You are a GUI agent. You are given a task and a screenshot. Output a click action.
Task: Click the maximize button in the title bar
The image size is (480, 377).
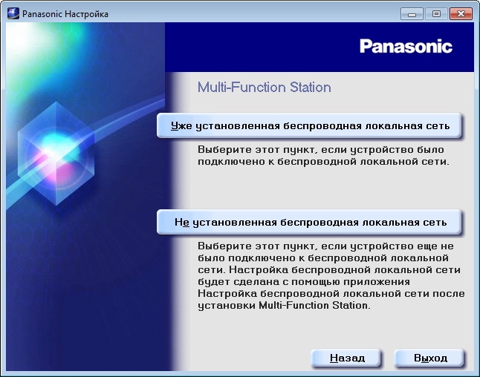435,13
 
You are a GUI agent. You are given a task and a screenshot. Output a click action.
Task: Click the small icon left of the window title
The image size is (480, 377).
14,14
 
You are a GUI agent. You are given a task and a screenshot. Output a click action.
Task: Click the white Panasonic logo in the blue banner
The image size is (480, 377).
406,47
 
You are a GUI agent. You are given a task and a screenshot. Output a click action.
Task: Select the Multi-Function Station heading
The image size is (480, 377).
264,88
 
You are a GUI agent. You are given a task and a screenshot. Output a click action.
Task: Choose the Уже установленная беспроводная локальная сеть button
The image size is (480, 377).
310,126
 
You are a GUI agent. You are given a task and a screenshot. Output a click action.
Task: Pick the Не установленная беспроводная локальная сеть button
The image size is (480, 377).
310,222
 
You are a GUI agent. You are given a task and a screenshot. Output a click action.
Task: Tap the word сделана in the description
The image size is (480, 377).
250,282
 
